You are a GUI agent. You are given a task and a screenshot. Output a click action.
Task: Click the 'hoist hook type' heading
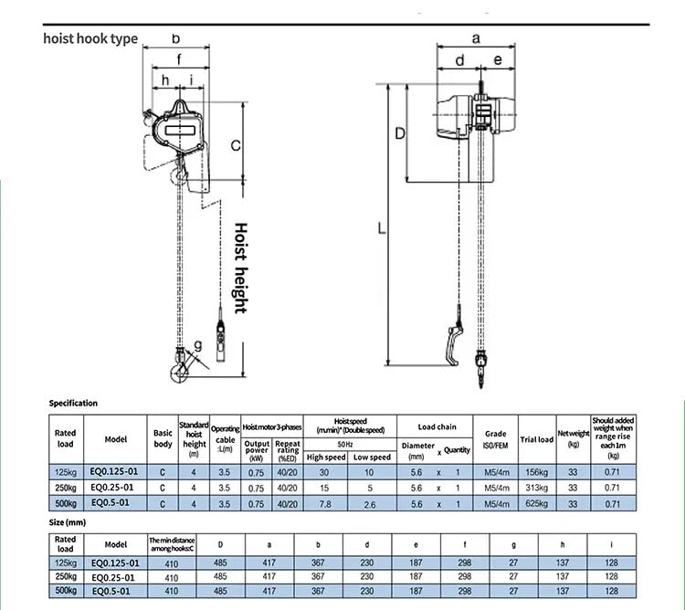coord(91,39)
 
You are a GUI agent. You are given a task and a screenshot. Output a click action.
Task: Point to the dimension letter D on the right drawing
coord(399,132)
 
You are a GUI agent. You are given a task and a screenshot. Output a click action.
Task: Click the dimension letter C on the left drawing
coord(235,144)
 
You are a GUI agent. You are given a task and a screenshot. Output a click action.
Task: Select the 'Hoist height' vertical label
coord(240,268)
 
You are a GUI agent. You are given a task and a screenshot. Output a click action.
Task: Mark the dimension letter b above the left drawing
coord(175,38)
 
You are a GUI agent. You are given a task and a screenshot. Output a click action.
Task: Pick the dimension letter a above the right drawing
coord(476,38)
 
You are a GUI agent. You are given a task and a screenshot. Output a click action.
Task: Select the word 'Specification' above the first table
coord(73,403)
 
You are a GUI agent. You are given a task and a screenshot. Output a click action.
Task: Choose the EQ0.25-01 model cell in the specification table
coord(116,488)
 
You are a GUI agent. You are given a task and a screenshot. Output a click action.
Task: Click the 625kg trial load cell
coord(536,503)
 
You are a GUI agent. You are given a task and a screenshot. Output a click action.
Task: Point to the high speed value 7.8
coord(326,503)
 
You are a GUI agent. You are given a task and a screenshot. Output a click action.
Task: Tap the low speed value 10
coord(372,472)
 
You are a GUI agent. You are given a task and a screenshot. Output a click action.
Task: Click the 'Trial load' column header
coord(536,439)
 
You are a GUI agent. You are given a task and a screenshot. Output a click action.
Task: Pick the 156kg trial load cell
coord(536,472)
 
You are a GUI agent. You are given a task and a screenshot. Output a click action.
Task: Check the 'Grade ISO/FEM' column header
coord(494,439)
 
